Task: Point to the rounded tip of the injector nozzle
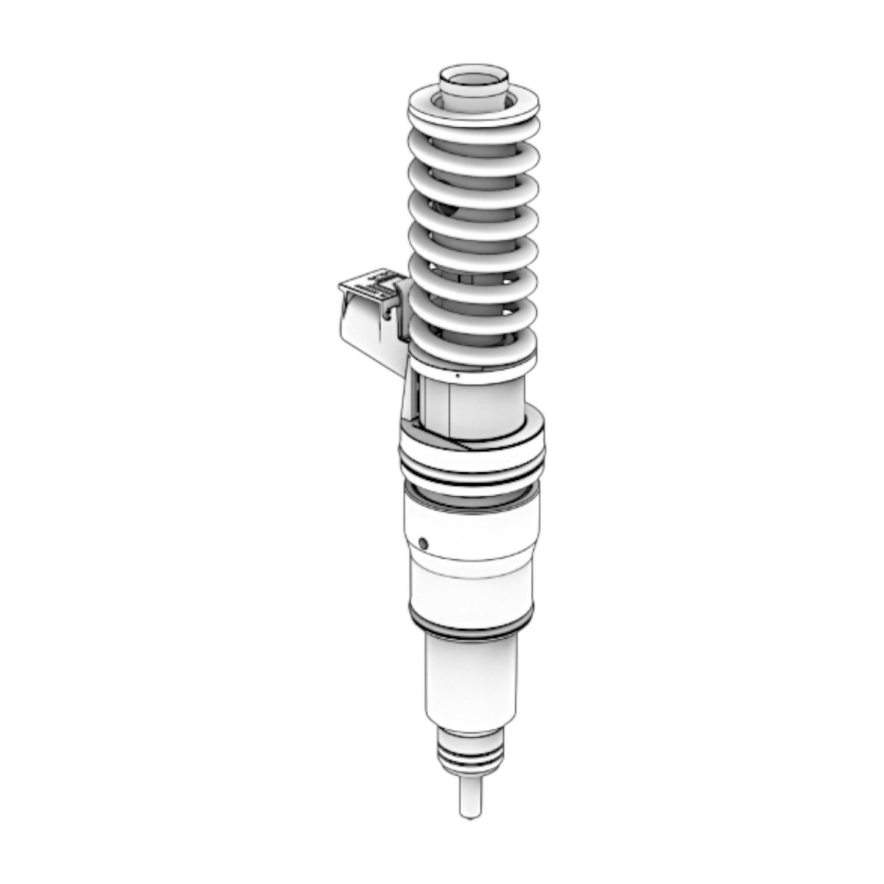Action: tap(470, 814)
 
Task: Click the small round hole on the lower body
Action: tap(422, 542)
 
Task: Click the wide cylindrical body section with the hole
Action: tap(474, 538)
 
